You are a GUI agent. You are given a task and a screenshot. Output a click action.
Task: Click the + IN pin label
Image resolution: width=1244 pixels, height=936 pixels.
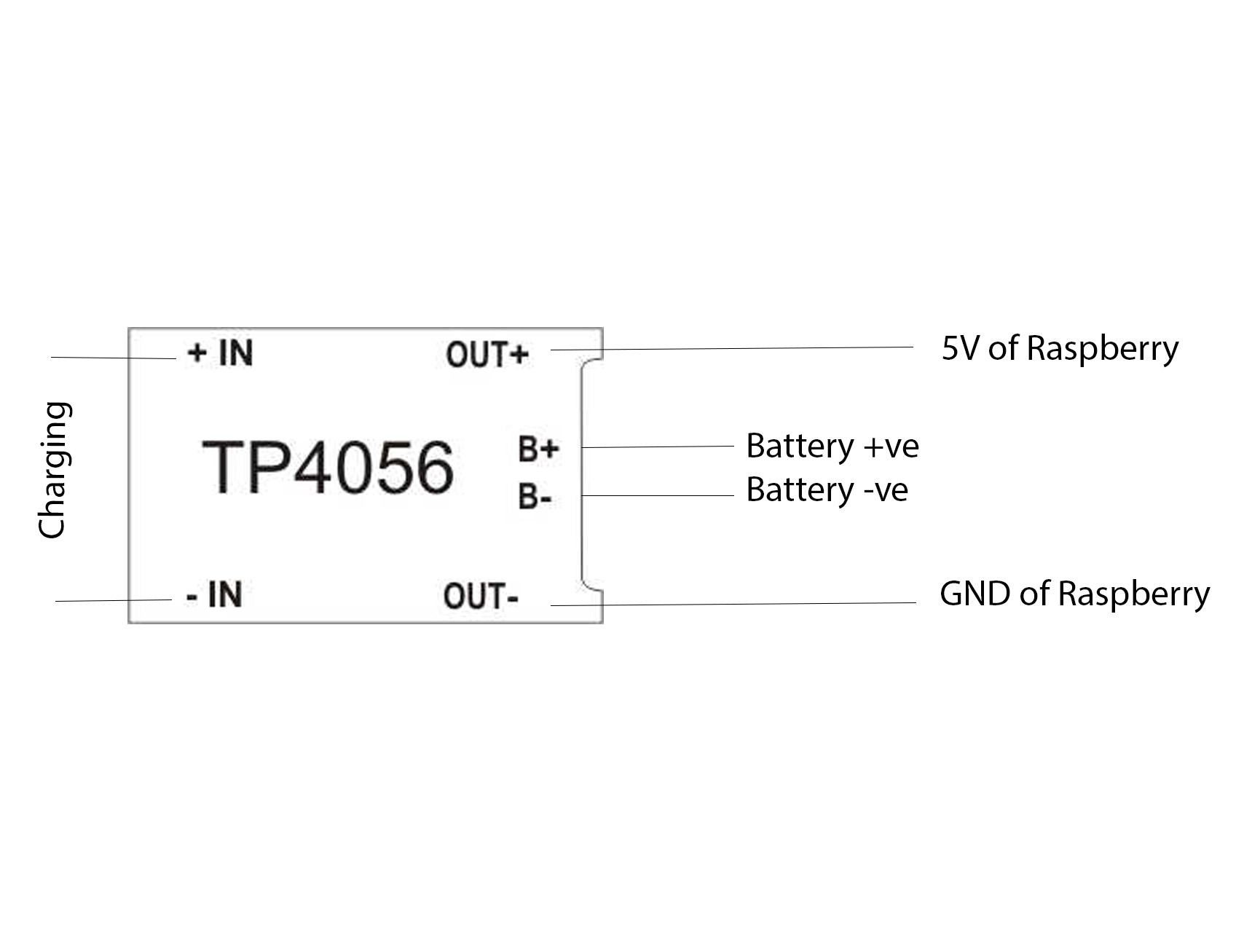[x=220, y=353]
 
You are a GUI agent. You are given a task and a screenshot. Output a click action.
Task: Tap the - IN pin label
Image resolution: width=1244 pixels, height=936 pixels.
[x=214, y=594]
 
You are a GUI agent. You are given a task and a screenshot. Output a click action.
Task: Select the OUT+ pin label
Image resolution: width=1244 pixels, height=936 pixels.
[x=487, y=355]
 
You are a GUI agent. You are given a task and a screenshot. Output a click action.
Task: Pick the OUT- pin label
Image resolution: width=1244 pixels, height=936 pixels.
[x=481, y=597]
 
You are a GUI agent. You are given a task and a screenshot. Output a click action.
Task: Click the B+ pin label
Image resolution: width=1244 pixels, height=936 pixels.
[x=538, y=449]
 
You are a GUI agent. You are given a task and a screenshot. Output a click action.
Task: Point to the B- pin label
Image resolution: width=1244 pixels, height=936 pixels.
[x=535, y=497]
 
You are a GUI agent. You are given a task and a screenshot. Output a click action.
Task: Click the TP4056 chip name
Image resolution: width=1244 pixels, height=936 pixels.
[x=328, y=467]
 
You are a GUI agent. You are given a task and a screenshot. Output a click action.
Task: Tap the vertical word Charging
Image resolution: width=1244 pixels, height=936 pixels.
[x=54, y=470]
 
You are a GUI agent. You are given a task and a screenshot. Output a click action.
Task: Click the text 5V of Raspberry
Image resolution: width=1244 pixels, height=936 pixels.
[x=1060, y=349]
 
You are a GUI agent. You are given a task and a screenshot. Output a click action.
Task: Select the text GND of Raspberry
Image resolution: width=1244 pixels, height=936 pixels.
[x=1074, y=594]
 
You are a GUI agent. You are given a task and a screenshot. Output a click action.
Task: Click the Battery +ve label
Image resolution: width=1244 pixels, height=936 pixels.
[x=832, y=446]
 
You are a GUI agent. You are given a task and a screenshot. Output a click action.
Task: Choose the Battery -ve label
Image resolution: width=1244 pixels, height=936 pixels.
[x=827, y=489]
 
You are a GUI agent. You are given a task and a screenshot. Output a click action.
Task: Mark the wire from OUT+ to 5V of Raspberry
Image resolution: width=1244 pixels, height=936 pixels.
[x=732, y=349]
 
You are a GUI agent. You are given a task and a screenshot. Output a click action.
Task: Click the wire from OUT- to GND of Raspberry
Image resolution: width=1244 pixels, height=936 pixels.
[x=733, y=604]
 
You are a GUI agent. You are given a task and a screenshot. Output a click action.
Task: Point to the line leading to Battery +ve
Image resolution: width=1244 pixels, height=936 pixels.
[x=658, y=447]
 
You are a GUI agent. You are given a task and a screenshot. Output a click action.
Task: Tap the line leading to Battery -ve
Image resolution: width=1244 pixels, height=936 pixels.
[x=658, y=496]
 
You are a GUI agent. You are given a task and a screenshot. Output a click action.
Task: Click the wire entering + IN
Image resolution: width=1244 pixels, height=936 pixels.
[x=114, y=358]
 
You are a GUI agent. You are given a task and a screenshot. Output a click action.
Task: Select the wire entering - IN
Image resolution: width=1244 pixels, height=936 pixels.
[x=114, y=600]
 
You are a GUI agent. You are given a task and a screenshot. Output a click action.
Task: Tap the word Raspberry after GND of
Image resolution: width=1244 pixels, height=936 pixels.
[x=1133, y=594]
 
